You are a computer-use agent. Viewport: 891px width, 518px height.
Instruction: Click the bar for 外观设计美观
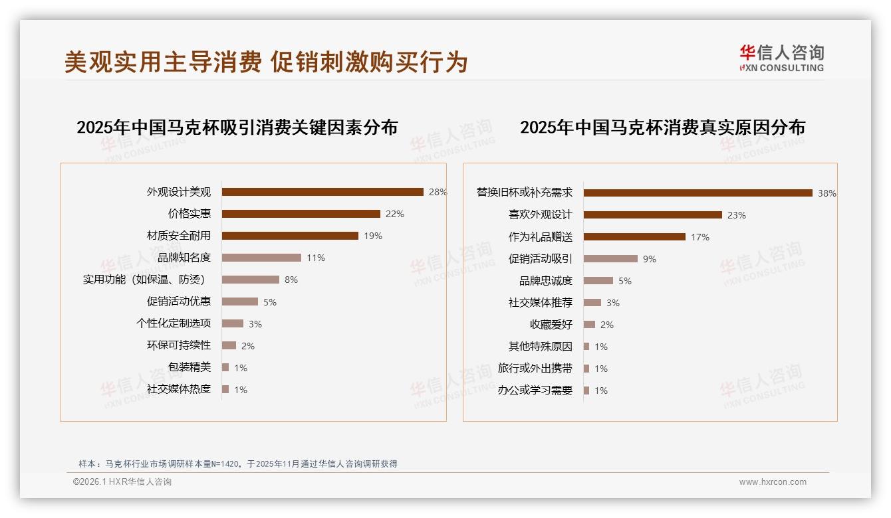(x=322, y=192)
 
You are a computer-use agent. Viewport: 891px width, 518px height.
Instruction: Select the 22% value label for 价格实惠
(x=395, y=214)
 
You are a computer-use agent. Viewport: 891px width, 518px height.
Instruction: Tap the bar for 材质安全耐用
(x=290, y=236)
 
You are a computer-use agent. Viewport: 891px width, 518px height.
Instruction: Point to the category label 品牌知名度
(x=184, y=258)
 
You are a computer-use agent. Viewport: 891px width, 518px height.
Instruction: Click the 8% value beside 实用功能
(x=291, y=280)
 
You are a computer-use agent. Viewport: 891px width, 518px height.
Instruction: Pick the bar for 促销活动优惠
(x=240, y=302)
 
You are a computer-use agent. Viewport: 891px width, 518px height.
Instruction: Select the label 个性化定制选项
(x=174, y=323)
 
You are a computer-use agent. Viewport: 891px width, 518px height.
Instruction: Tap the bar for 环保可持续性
(x=229, y=345)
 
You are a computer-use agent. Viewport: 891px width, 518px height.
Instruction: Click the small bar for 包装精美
(x=225, y=367)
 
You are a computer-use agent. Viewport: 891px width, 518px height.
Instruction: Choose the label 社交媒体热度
(x=179, y=389)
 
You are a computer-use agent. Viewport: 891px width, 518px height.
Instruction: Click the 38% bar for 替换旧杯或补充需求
(x=698, y=193)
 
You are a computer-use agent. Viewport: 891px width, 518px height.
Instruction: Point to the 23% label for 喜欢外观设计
(x=737, y=215)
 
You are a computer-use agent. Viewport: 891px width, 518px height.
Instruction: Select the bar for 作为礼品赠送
(x=634, y=237)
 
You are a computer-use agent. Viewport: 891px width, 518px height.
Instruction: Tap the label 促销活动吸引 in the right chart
(x=541, y=259)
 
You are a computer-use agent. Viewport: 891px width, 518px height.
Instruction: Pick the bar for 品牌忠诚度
(x=598, y=281)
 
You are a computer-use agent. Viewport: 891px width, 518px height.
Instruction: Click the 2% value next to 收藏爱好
(x=607, y=325)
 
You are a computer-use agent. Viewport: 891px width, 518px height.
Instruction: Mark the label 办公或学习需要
(x=535, y=390)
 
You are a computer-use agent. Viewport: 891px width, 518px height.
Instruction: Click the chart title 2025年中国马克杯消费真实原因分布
(x=662, y=127)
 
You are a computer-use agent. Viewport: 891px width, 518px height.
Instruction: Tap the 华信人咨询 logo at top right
(x=781, y=58)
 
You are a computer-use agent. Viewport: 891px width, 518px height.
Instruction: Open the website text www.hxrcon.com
(x=773, y=482)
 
